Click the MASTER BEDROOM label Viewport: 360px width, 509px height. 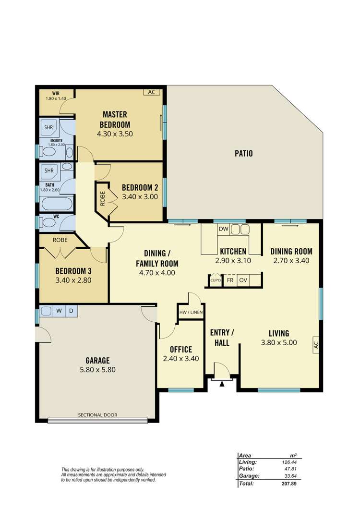click(115, 119)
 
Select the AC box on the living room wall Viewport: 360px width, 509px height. click(316, 344)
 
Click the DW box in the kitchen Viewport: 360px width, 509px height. click(223, 230)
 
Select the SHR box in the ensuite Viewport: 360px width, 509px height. click(49, 128)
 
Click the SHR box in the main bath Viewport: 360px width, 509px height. click(49, 171)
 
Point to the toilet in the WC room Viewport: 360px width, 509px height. click(49, 223)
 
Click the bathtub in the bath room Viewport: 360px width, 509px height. click(57, 204)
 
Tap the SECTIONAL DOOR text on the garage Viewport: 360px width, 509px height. click(98, 415)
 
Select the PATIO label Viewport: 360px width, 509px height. click(243, 154)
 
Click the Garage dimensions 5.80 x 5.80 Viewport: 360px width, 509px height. click(98, 370)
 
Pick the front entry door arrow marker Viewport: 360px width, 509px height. click(221, 383)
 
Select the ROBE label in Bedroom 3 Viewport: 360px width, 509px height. click(60, 240)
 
